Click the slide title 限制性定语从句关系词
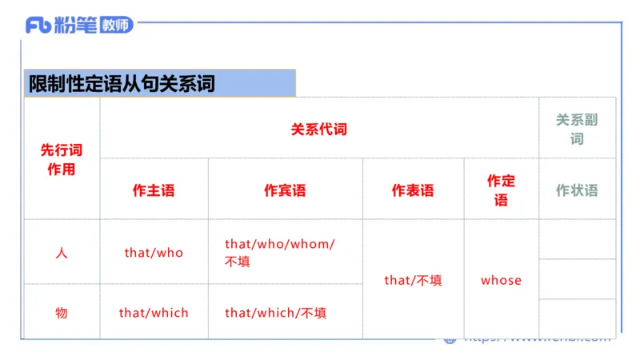pos(122,83)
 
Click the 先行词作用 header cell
pos(62,159)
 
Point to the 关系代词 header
pos(319,128)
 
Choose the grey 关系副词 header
pos(577,129)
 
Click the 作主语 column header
pos(154,190)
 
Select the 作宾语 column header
pos(285,190)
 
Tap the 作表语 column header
pos(413,190)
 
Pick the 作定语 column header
pos(501,190)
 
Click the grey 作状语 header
pos(577,190)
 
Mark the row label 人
pos(62,253)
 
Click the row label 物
pos(62,313)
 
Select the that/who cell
pos(154,253)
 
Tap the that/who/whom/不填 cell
pos(279,252)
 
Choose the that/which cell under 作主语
pos(154,313)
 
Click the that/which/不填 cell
pos(275,313)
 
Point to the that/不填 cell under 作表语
pos(413,280)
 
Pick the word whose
pos(501,280)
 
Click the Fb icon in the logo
pos(38,25)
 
